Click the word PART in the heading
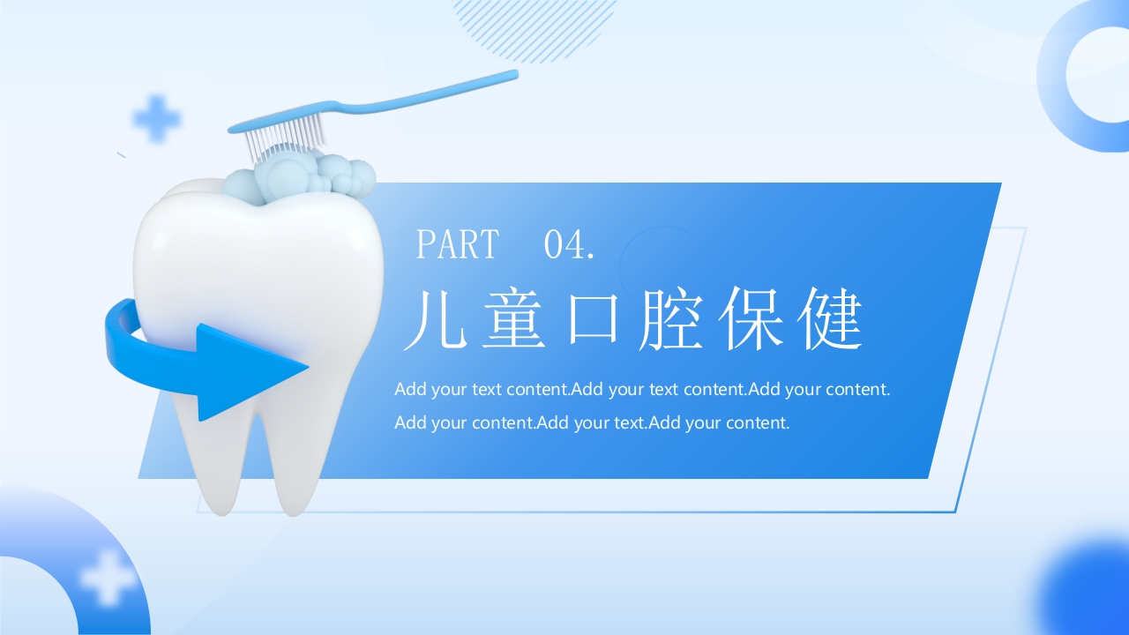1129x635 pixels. click(x=457, y=244)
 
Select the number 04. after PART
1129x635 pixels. click(x=570, y=244)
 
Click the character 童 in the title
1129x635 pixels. click(x=518, y=320)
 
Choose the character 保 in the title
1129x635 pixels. click(x=752, y=320)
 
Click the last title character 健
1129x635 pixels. click(x=830, y=320)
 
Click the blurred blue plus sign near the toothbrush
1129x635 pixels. click(x=156, y=118)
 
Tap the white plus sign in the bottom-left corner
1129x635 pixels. click(x=108, y=579)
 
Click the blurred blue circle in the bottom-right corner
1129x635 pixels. click(x=1089, y=591)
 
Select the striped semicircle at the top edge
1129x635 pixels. click(x=534, y=26)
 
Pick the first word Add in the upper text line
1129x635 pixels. click(x=409, y=389)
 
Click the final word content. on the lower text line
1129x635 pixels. click(x=757, y=422)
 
